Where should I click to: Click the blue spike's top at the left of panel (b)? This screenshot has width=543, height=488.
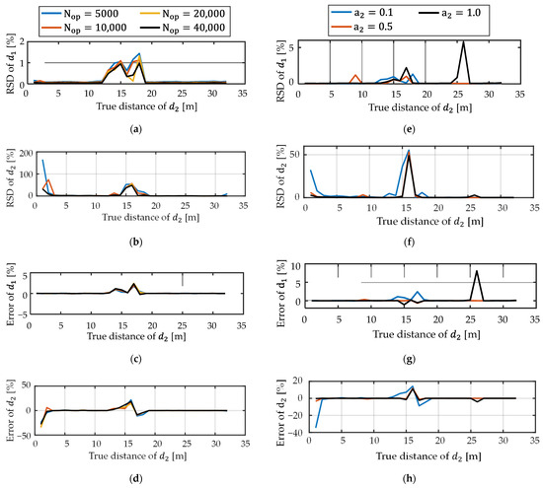(42, 160)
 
